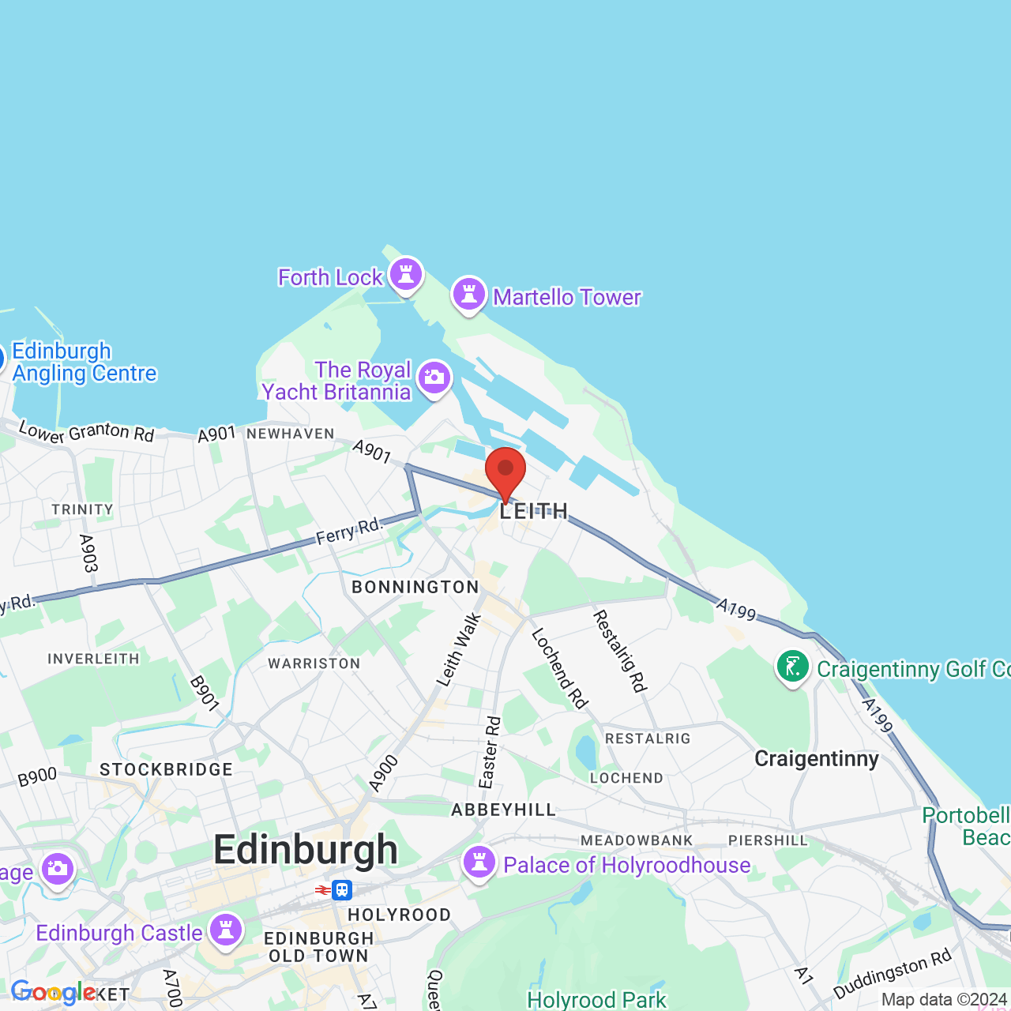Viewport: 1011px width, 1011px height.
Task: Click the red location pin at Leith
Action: point(505,471)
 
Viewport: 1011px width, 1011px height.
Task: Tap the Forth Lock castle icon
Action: point(406,275)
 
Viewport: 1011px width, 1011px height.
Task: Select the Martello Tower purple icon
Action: point(468,295)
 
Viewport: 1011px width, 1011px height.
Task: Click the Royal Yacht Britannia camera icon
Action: point(434,378)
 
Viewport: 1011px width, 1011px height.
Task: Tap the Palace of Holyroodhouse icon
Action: point(479,863)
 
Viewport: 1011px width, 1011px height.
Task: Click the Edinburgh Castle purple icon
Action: point(226,930)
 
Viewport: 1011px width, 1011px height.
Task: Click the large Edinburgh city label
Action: point(306,850)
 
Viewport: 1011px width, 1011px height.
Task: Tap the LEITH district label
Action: point(534,512)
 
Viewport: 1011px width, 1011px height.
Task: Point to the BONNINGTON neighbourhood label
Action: point(415,587)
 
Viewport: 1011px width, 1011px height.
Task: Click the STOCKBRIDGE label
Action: point(166,769)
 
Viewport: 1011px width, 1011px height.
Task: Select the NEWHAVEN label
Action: point(291,434)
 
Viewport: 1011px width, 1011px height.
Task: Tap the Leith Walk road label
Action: point(459,650)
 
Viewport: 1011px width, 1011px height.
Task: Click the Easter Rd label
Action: point(490,751)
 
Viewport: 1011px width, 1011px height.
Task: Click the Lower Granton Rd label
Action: point(86,432)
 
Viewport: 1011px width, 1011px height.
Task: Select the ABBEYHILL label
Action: point(504,810)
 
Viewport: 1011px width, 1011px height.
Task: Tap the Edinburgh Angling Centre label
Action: point(84,362)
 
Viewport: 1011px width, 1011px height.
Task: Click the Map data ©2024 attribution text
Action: point(943,999)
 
